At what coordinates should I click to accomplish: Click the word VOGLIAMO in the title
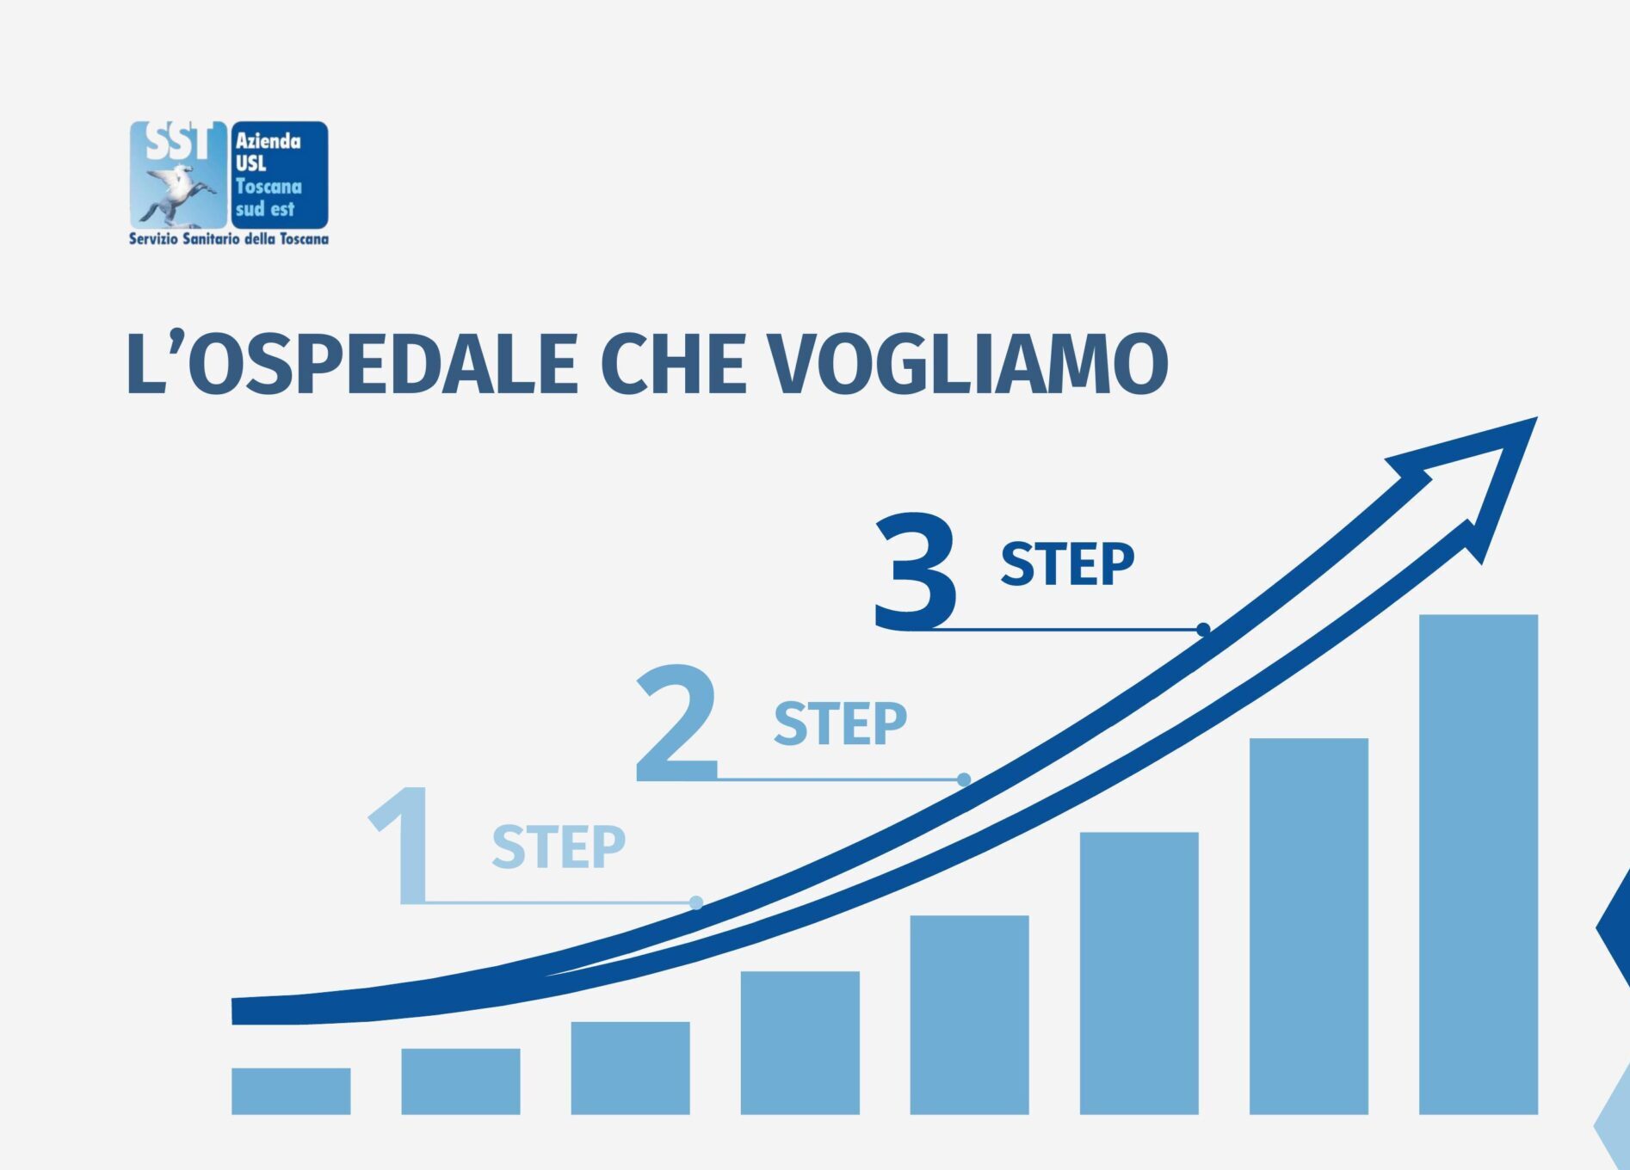[967, 364]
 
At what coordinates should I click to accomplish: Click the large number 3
[915, 571]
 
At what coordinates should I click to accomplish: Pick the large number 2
[676, 722]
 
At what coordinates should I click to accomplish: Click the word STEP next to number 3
[1067, 564]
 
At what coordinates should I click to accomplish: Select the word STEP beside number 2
[840, 724]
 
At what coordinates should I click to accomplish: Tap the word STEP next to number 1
[559, 847]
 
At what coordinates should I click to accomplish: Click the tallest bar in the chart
[1478, 864]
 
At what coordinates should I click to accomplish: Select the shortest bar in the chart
[291, 1091]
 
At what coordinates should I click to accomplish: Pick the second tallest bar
[1308, 926]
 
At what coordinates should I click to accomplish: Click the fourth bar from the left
[800, 1043]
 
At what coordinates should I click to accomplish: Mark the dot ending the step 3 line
[1203, 630]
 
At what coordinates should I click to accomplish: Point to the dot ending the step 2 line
[964, 779]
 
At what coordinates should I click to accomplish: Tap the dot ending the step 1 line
[696, 902]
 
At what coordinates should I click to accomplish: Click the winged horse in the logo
[176, 193]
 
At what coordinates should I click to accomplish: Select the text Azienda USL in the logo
[268, 151]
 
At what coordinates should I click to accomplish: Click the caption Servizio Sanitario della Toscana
[229, 238]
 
